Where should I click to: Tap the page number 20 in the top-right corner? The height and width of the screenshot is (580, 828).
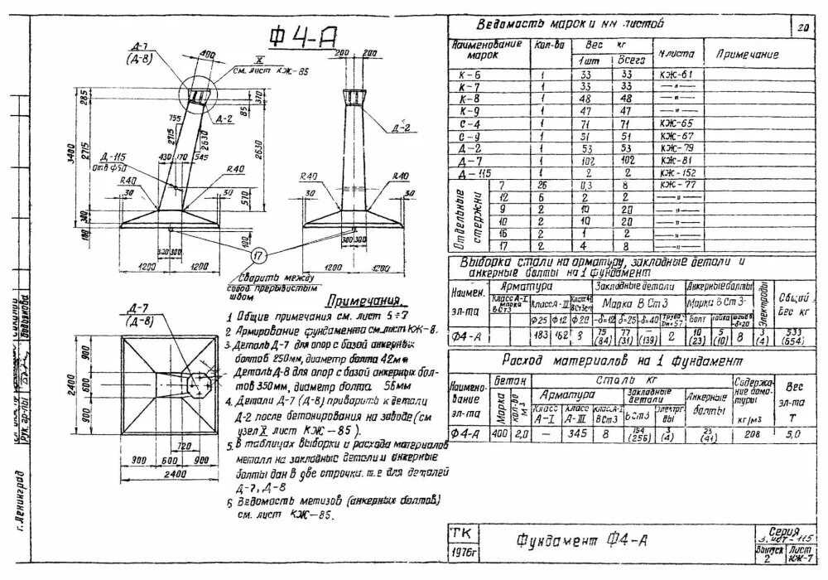[x=802, y=27]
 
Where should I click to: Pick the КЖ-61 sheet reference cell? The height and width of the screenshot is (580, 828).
[x=677, y=75]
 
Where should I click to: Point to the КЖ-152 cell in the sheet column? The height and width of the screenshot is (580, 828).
[x=677, y=172]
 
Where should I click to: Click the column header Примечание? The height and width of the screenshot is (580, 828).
[x=748, y=54]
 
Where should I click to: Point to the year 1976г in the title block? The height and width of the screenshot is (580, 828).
[x=460, y=550]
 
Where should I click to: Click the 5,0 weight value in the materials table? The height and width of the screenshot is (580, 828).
[x=793, y=433]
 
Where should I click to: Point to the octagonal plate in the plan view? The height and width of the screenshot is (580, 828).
[x=202, y=382]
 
